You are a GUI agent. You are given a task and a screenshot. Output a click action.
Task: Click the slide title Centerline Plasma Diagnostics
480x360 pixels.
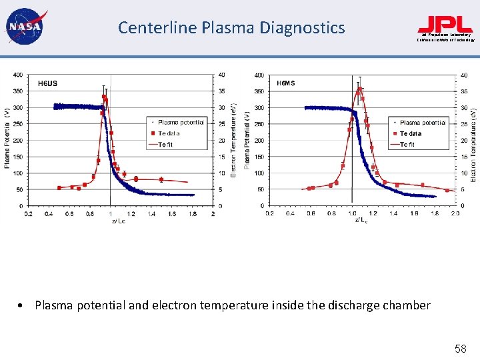231,27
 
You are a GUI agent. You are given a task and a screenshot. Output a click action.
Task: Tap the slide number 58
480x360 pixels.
459,348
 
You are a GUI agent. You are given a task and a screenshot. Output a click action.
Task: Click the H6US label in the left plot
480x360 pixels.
47,83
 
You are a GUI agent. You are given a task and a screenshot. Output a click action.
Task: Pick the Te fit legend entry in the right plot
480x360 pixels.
407,144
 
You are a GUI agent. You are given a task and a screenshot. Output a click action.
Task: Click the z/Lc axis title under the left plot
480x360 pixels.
118,221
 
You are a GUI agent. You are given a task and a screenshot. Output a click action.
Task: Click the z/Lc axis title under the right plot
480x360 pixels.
361,220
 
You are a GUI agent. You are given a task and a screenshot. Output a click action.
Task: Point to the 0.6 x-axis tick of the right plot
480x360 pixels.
311,213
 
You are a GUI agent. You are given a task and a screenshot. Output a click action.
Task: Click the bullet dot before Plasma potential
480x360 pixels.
23,306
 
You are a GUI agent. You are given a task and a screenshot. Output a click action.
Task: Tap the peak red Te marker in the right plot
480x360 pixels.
360,89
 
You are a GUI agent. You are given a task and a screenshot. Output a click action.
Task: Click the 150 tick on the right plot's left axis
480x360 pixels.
258,157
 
